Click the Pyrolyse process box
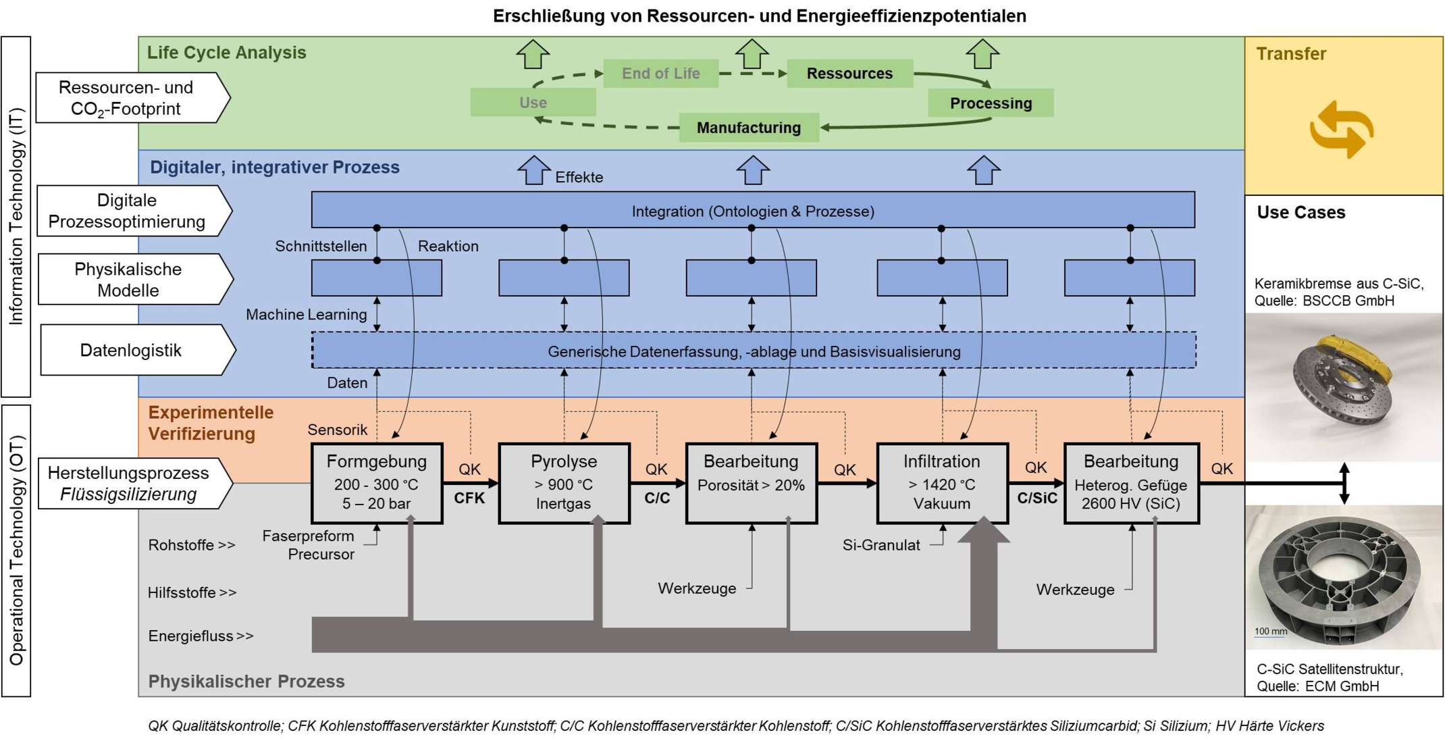click(x=564, y=483)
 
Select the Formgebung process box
click(x=377, y=483)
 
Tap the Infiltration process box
click(x=942, y=483)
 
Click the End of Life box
click(x=660, y=74)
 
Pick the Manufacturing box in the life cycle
click(x=749, y=128)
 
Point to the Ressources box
click(x=849, y=74)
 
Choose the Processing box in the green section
click(x=991, y=103)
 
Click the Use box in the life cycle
click(x=533, y=103)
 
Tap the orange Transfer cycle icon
click(x=1341, y=130)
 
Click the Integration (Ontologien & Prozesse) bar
click(x=753, y=211)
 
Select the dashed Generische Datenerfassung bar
click(x=754, y=351)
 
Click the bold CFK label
click(x=469, y=498)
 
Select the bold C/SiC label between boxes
click(x=1037, y=498)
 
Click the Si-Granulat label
click(x=881, y=545)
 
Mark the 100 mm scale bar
click(x=1270, y=632)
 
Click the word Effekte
click(x=579, y=178)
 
